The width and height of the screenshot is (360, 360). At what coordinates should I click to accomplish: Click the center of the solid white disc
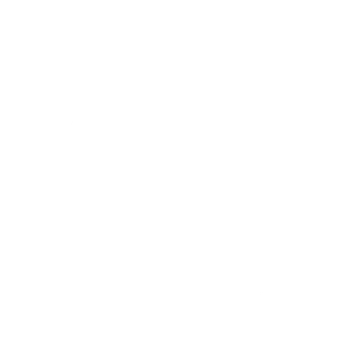[180, 180]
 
